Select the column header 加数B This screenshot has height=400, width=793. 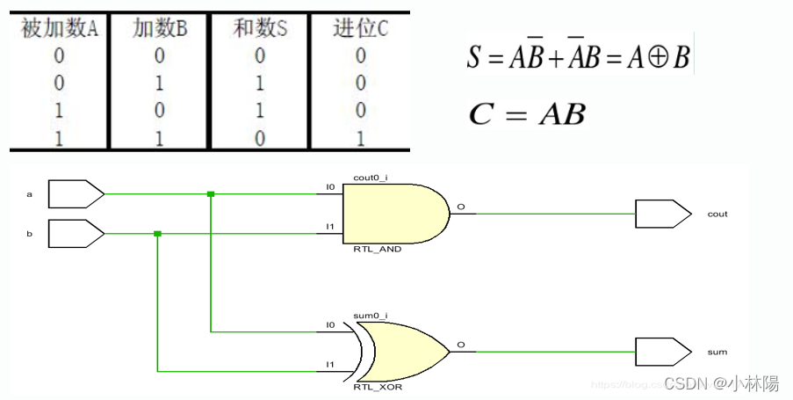161,29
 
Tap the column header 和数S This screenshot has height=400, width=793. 260,29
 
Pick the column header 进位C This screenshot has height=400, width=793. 361,29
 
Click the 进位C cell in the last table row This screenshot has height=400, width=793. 361,137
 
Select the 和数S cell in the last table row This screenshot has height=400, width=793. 260,137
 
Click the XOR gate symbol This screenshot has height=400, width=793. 403,350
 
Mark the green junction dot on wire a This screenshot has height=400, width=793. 211,193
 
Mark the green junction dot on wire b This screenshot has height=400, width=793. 157,234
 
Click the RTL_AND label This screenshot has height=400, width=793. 378,250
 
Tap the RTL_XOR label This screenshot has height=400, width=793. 378,387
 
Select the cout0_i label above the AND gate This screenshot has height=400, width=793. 370,178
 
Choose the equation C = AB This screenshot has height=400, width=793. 527,114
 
